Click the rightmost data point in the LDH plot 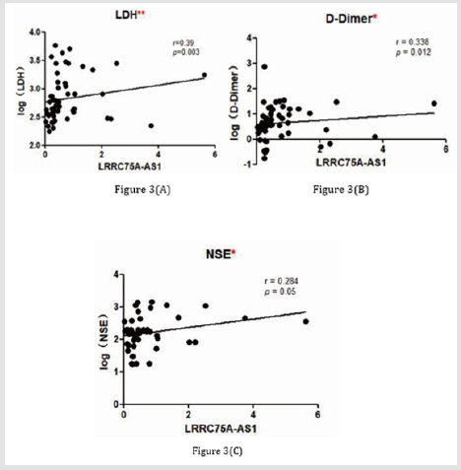pyautogui.click(x=204, y=75)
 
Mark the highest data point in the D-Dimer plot pyautogui.click(x=264, y=67)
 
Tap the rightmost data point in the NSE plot pyautogui.click(x=305, y=321)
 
